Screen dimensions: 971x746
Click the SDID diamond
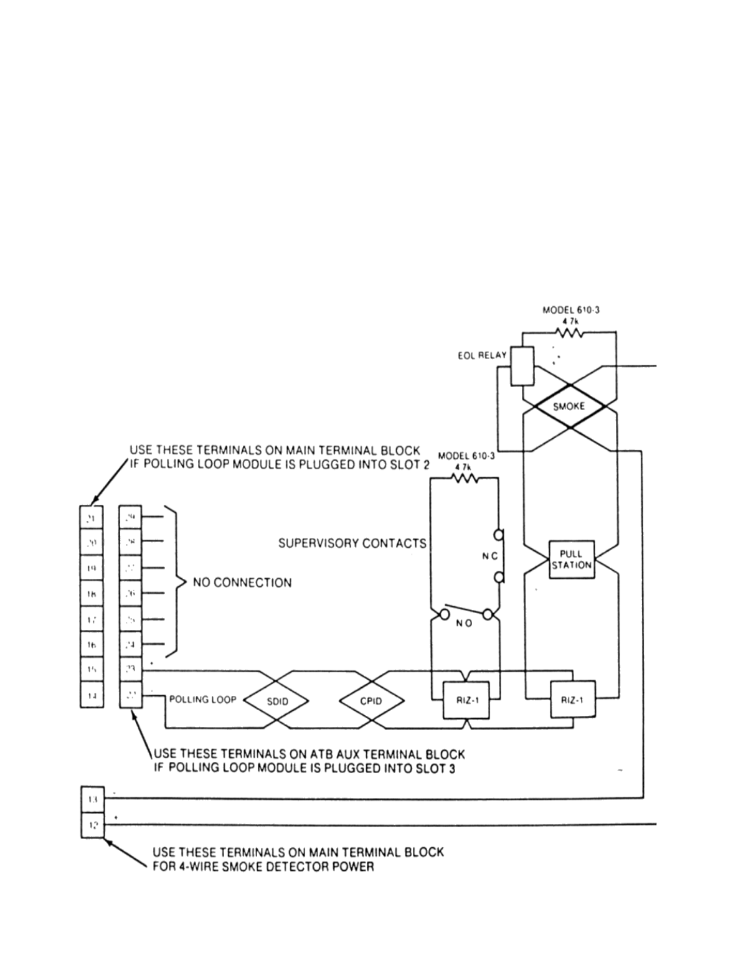276,701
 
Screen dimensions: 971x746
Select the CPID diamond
371,701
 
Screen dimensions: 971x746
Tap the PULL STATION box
571,560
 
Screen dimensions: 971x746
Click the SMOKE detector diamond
569,406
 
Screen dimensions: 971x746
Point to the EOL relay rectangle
521,365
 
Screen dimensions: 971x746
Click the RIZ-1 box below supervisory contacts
466,700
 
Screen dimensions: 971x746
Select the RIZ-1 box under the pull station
572,700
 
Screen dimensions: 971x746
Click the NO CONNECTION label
242,583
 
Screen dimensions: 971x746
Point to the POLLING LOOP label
202,700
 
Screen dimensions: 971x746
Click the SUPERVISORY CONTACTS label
352,543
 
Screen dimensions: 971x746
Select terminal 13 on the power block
92,799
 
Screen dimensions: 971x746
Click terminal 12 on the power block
92,825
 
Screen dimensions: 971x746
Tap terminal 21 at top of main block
92,517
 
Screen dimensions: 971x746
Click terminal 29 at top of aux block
131,517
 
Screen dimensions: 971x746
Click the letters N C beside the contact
489,556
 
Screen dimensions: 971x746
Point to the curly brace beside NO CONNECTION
177,583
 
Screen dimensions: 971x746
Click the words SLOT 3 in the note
435,768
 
